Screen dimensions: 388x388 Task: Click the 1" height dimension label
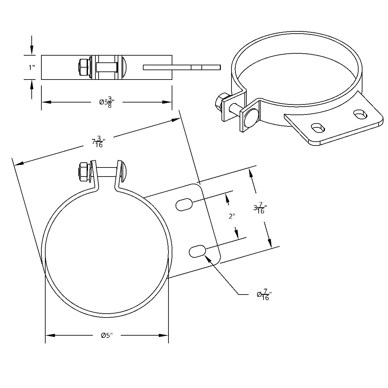coord(31,68)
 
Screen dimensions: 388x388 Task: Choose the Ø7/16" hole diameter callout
coord(264,295)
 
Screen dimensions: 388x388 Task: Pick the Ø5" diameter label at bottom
coord(106,335)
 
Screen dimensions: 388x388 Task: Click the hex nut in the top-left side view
coord(83,67)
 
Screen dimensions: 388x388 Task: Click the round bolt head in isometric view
coord(252,117)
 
